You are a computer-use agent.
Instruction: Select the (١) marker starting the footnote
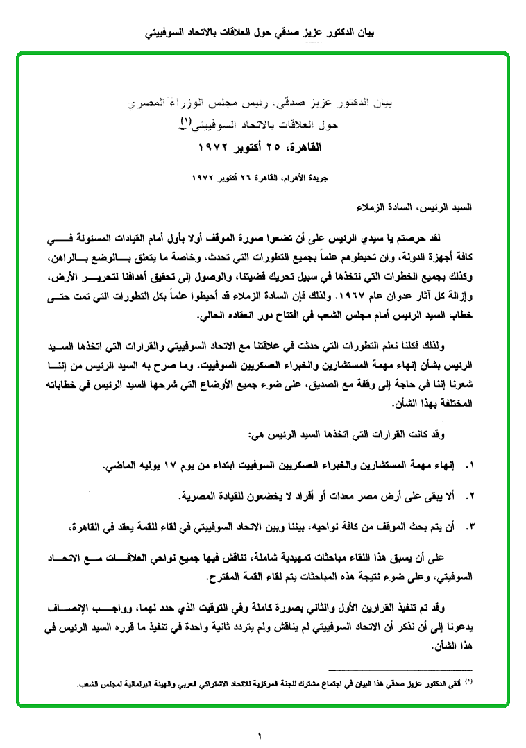469,683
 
